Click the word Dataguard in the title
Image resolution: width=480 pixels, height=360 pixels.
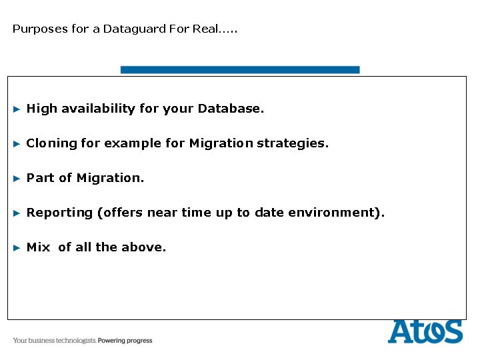[x=128, y=29]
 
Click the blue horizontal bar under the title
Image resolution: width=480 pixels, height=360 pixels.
[x=239, y=69]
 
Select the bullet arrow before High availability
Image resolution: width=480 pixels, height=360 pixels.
[x=17, y=109]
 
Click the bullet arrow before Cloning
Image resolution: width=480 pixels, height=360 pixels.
[x=17, y=143]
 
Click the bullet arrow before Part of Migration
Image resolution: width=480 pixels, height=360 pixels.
[x=17, y=178]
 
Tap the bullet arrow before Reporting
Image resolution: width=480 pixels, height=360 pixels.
[x=17, y=213]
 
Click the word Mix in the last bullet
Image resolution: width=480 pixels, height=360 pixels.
[x=38, y=247]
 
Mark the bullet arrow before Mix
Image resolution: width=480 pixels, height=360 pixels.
[x=17, y=247]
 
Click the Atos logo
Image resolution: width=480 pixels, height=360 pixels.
[x=425, y=331]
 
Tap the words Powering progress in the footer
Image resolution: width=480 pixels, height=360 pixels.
[x=125, y=341]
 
